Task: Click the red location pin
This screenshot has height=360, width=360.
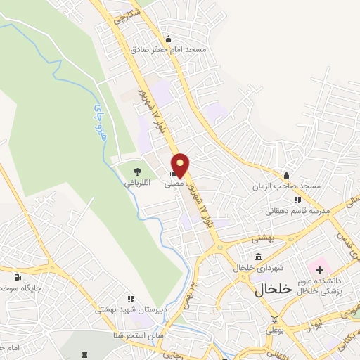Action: tap(181, 165)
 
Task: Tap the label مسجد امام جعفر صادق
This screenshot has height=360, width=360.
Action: tap(168, 50)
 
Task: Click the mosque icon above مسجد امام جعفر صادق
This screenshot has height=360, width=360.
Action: tap(167, 39)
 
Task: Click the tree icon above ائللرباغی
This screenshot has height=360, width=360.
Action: tap(137, 171)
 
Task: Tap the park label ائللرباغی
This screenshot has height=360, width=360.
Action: tap(138, 183)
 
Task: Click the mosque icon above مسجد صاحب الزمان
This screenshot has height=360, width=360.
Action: tap(286, 176)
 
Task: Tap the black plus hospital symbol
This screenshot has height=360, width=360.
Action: tap(319, 270)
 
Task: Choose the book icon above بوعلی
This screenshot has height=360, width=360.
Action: tap(274, 319)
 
